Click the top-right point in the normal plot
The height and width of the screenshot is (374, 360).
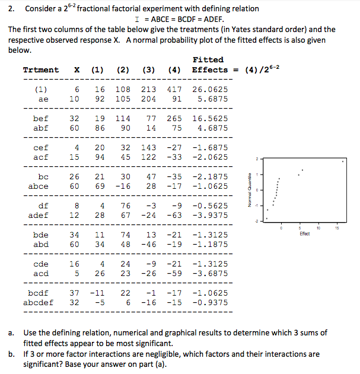click(343, 160)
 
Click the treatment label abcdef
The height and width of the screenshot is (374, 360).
click(37, 302)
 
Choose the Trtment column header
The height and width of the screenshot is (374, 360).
click(40, 70)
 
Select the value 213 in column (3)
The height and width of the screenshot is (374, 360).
click(148, 90)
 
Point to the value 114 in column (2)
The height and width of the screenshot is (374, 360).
click(123, 118)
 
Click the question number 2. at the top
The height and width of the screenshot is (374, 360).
click(11, 8)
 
